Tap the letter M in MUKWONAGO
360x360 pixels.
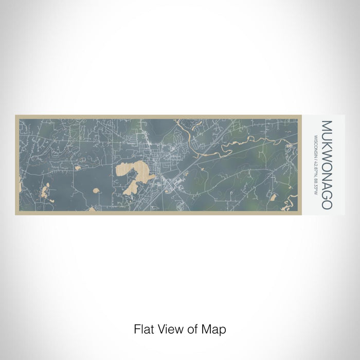click(x=327, y=125)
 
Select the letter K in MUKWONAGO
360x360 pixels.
click(x=327, y=142)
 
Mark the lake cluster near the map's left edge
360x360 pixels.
click(x=45, y=191)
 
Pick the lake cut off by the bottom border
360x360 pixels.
click(x=92, y=209)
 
